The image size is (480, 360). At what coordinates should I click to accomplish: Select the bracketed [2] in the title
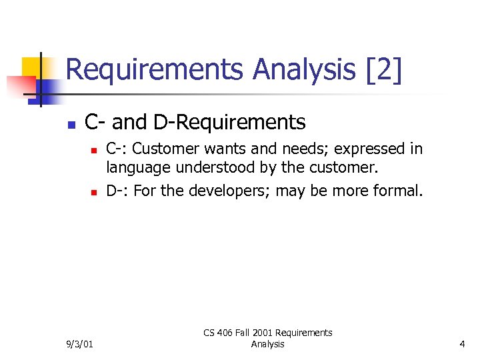coord(385,70)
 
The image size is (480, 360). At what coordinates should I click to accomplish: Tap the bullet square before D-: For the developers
coord(94,193)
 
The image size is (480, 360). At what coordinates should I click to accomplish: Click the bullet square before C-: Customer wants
coord(94,150)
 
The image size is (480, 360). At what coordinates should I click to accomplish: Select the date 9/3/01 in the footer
coord(79,344)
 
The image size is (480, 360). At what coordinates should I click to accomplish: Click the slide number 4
coord(462,344)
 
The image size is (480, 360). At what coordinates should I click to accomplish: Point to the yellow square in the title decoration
coord(31,67)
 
